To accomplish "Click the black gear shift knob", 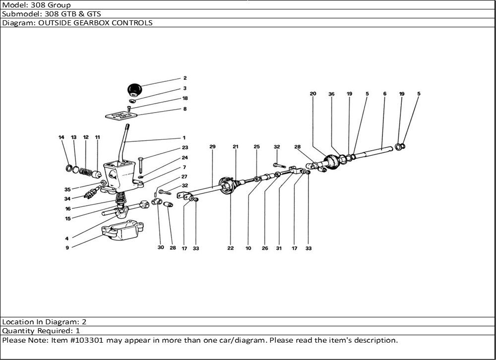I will click(x=133, y=90).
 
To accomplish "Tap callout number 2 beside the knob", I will click(x=185, y=78).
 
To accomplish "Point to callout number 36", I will click(x=331, y=94).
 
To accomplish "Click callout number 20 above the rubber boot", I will click(x=312, y=94).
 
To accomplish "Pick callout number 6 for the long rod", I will click(x=384, y=94).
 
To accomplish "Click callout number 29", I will click(x=212, y=147).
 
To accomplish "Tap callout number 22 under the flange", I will click(x=231, y=248).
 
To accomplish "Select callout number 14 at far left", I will click(x=62, y=137).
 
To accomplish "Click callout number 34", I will click(x=67, y=199).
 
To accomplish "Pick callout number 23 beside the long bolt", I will click(x=185, y=147).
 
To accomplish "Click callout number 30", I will click(x=160, y=248).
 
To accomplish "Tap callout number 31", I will click(x=279, y=248).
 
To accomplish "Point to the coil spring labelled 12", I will click(x=87, y=173).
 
